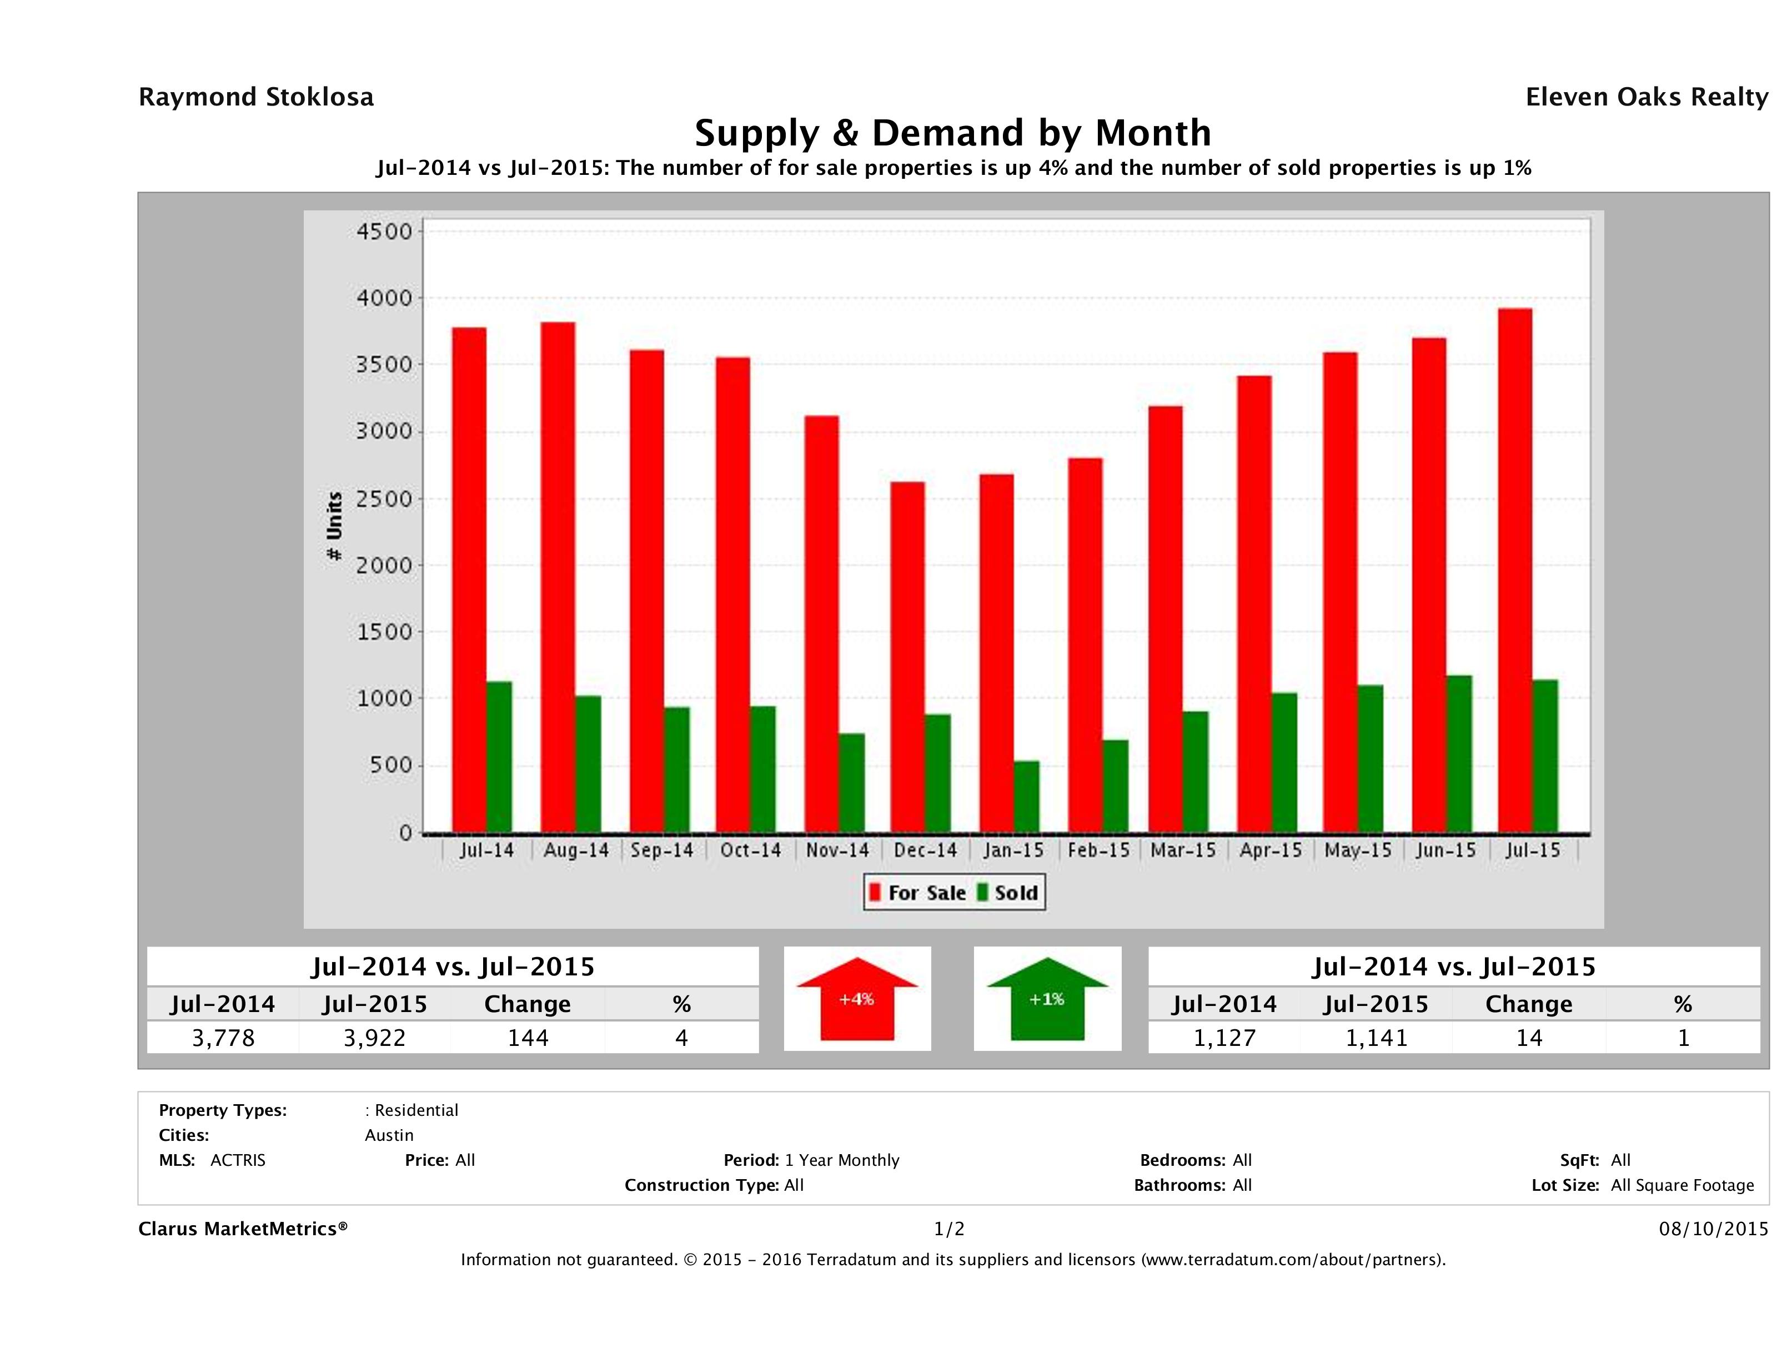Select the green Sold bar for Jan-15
(1026, 797)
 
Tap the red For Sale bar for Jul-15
(1515, 571)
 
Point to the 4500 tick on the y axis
(385, 231)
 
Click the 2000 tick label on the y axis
(385, 565)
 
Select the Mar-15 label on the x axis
(1183, 850)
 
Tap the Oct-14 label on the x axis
(750, 850)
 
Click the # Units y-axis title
(334, 526)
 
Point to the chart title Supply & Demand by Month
(953, 133)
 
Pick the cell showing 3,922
(374, 1038)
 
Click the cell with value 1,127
(1224, 1038)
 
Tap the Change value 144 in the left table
(528, 1038)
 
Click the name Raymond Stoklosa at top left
(256, 97)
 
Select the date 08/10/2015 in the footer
(1713, 1229)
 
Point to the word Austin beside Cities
(389, 1135)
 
